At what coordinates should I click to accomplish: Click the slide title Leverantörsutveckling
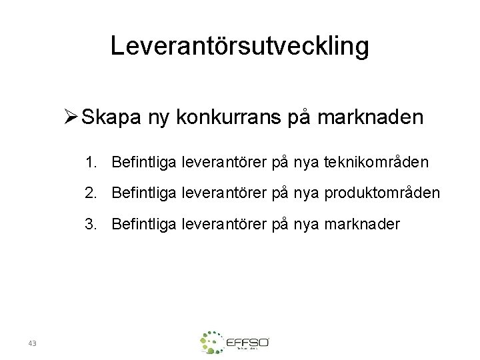[239, 46]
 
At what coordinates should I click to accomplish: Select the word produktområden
[383, 193]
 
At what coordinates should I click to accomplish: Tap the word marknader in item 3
[363, 224]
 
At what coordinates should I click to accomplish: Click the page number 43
[33, 343]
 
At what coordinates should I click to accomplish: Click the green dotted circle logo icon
[212, 342]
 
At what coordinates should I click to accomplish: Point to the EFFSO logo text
[247, 343]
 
